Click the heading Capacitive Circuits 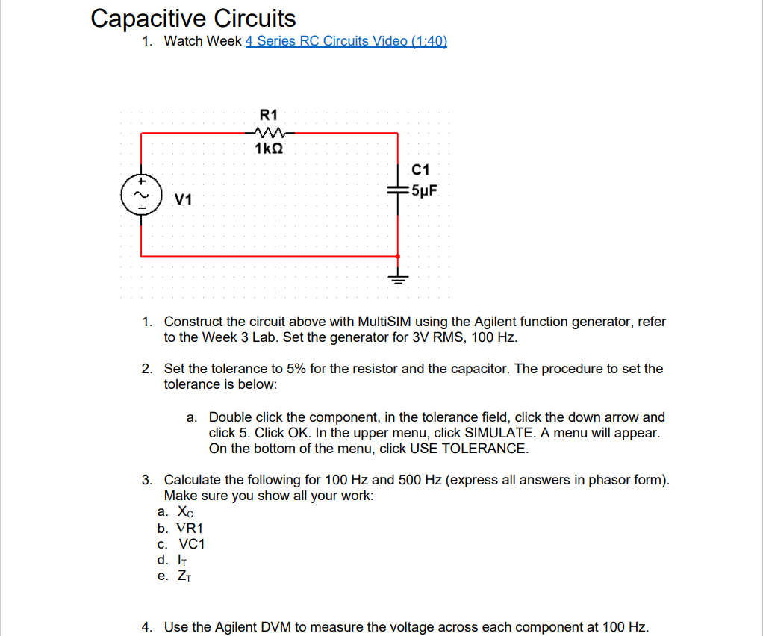click(x=193, y=18)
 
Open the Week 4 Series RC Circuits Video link click(x=346, y=41)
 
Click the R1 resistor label click(x=268, y=115)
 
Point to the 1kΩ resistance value click(x=268, y=149)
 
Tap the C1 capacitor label click(x=421, y=169)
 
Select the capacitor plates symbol click(x=397, y=191)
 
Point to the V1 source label click(x=183, y=199)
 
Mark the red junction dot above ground click(x=397, y=256)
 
